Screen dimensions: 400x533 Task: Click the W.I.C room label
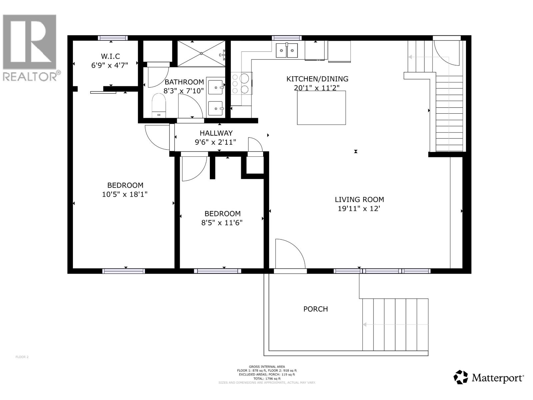(110, 56)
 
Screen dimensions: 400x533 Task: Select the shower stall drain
(202, 53)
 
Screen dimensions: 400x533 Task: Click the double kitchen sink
(287, 51)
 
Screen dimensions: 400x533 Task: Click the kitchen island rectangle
(321, 108)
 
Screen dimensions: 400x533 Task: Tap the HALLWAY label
(216, 133)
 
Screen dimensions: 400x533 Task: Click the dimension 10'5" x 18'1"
(125, 194)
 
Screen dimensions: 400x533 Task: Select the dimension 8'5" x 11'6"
(222, 222)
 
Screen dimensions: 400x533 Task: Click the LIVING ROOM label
(359, 199)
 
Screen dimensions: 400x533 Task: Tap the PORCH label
(315, 309)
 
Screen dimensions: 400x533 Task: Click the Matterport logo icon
(461, 377)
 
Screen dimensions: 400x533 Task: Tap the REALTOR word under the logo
(30, 77)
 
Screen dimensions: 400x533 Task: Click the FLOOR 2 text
(22, 357)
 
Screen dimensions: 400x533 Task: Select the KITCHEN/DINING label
(317, 79)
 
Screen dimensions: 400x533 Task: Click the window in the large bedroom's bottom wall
(124, 271)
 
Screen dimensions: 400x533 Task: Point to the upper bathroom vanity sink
(216, 87)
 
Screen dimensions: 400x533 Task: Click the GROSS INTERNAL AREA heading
(267, 367)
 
